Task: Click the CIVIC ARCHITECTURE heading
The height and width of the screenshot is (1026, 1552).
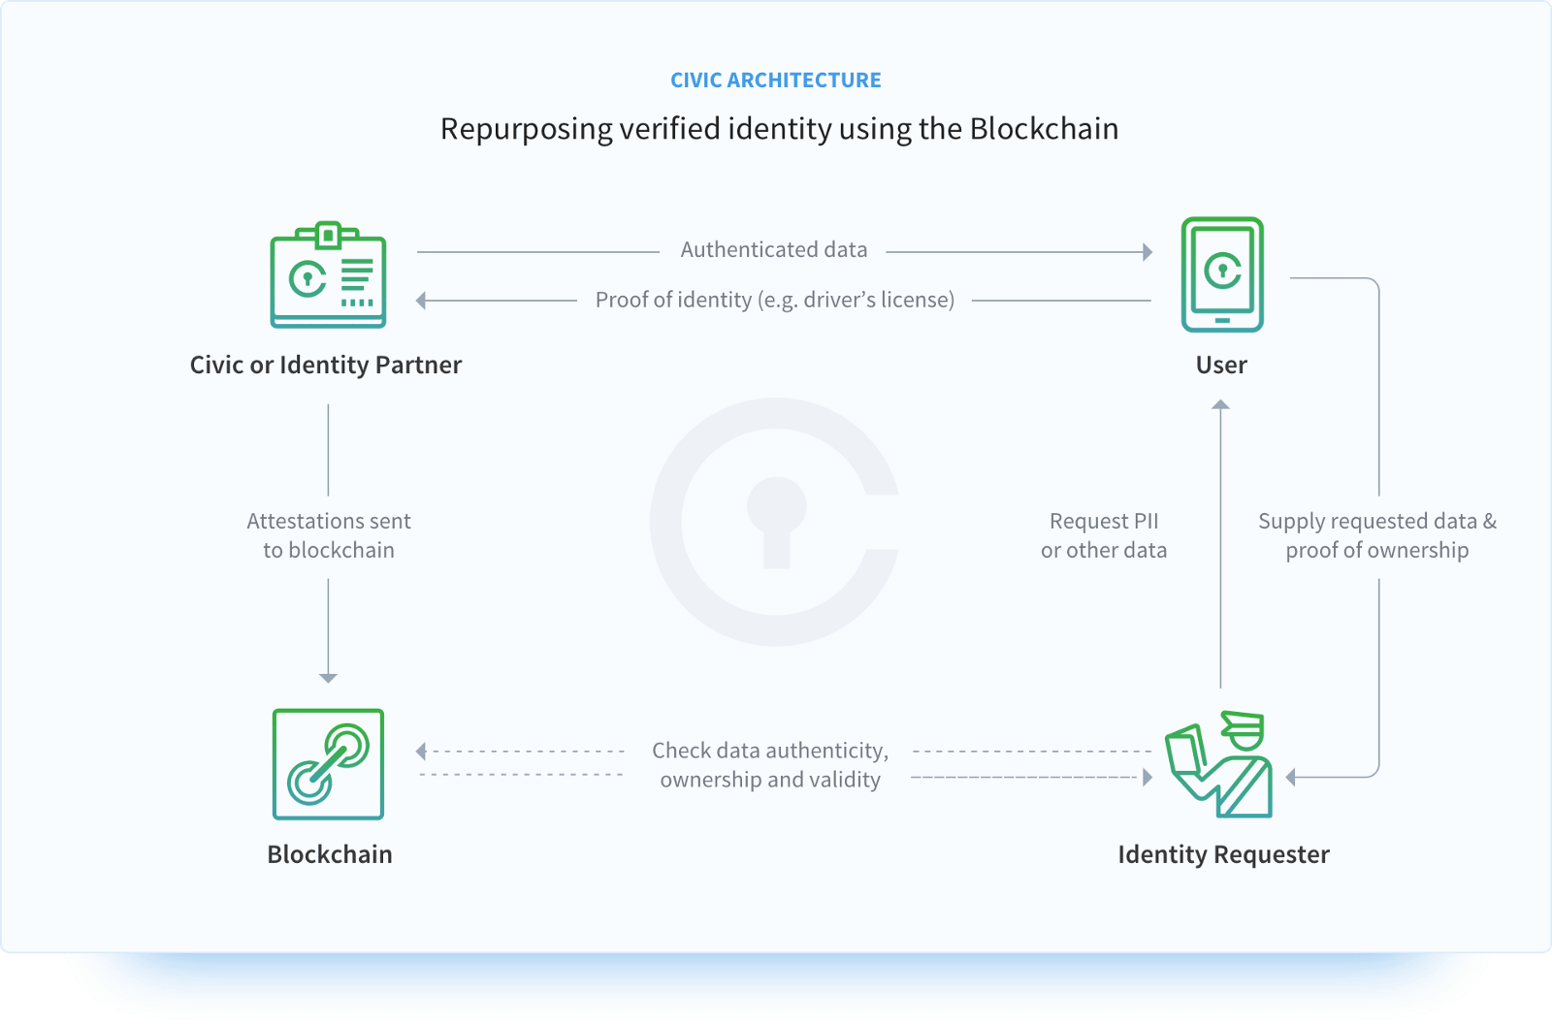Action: point(775,80)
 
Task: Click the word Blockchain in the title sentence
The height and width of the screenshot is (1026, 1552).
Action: point(1044,129)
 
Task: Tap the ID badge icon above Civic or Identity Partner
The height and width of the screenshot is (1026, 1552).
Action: point(328,275)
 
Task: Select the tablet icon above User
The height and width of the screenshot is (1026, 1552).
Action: point(1222,274)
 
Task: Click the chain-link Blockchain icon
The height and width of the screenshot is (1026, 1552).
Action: point(328,764)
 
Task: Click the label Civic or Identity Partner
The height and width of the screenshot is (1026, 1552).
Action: point(326,365)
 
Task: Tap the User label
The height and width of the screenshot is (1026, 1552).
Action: point(1221,365)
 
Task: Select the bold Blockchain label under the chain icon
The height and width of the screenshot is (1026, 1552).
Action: point(330,854)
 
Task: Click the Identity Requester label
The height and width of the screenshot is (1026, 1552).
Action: point(1223,854)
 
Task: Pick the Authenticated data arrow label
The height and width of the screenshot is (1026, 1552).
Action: point(773,250)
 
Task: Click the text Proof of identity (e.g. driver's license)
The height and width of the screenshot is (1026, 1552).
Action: point(774,300)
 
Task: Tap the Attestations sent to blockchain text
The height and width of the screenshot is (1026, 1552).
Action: point(329,535)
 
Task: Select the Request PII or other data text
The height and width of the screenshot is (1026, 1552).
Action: point(1104,535)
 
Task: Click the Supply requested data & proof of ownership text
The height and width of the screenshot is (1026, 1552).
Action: point(1376,535)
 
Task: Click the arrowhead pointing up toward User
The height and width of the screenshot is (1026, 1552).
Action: point(1221,404)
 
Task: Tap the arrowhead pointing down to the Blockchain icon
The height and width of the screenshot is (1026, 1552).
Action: point(328,678)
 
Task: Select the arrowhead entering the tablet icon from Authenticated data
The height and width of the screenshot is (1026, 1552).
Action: point(1148,252)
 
